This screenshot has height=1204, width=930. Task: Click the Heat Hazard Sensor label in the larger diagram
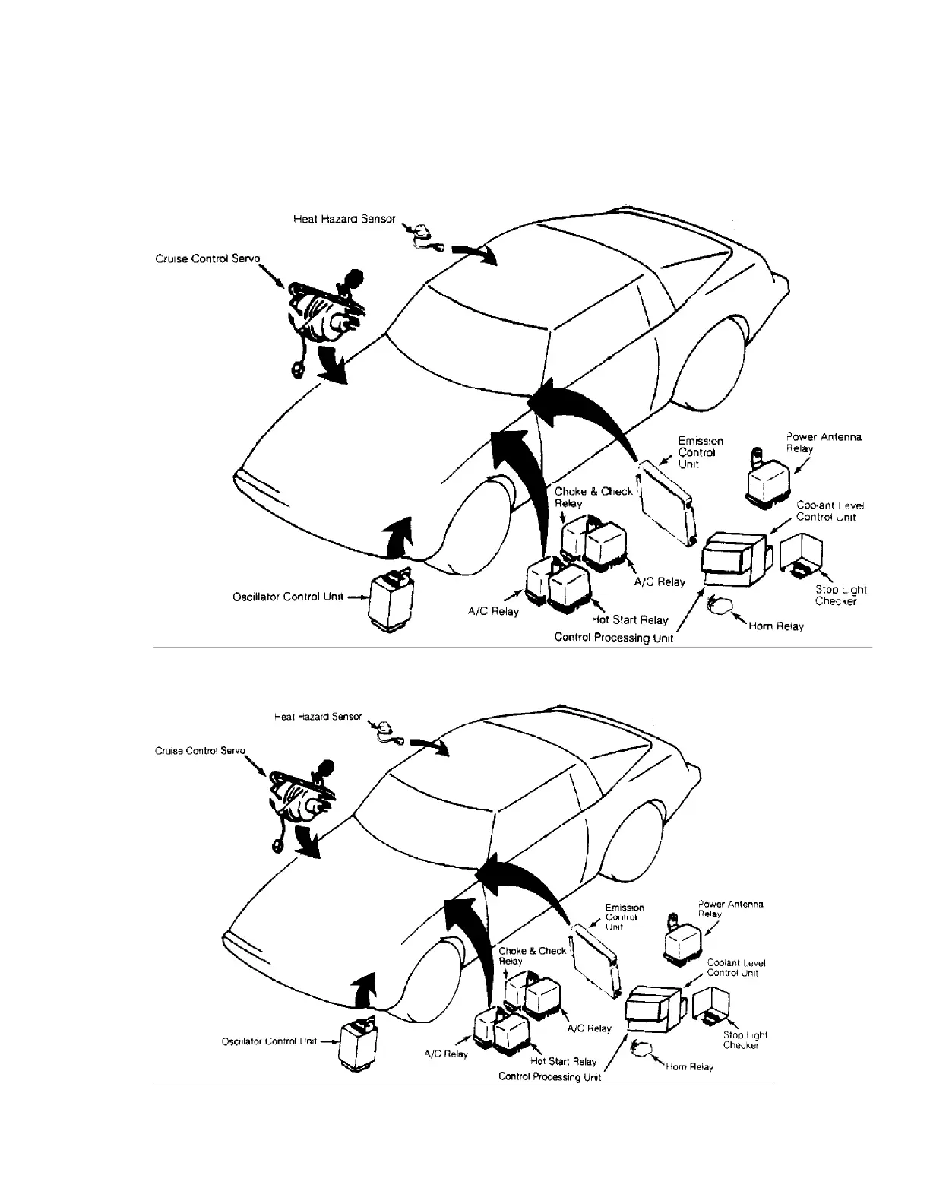pos(344,219)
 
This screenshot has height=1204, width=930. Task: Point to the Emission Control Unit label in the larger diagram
pos(700,452)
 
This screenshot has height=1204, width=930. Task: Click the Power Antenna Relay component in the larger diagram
pos(769,481)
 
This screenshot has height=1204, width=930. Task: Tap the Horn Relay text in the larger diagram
pos(775,627)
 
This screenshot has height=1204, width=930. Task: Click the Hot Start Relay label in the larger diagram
pos(630,620)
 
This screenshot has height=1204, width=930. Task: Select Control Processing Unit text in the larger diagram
pos(614,638)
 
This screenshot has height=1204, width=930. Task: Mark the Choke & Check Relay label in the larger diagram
pos(593,497)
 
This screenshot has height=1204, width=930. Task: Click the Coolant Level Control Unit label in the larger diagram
pos(830,511)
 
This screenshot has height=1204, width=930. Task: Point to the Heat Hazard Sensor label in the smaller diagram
pos(318,717)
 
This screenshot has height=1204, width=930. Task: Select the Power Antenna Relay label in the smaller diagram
pos(729,908)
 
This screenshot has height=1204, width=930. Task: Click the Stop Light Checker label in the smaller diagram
pos(745,1040)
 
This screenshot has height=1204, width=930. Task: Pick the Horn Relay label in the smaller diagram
pos(689,1067)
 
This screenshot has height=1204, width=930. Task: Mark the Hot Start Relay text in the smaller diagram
pos(563,1062)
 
